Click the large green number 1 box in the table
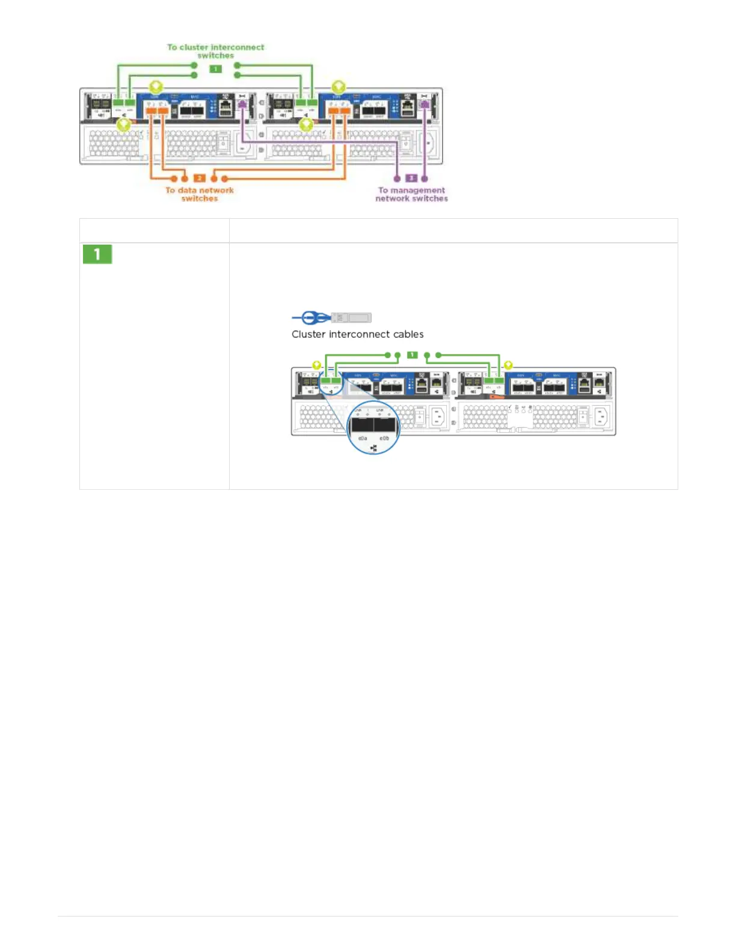point(97,254)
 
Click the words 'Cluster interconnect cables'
point(357,334)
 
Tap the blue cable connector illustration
point(331,317)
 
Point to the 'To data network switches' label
point(200,194)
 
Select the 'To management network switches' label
point(412,194)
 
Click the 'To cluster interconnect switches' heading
point(215,51)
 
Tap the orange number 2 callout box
point(200,178)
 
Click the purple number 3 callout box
point(411,178)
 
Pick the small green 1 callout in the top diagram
point(215,69)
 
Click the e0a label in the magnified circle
point(363,439)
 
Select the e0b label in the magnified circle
point(384,439)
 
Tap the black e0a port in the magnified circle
point(363,425)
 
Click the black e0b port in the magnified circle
point(385,425)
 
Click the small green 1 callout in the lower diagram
point(412,355)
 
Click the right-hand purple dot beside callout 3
point(425,178)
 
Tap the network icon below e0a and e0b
point(373,448)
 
